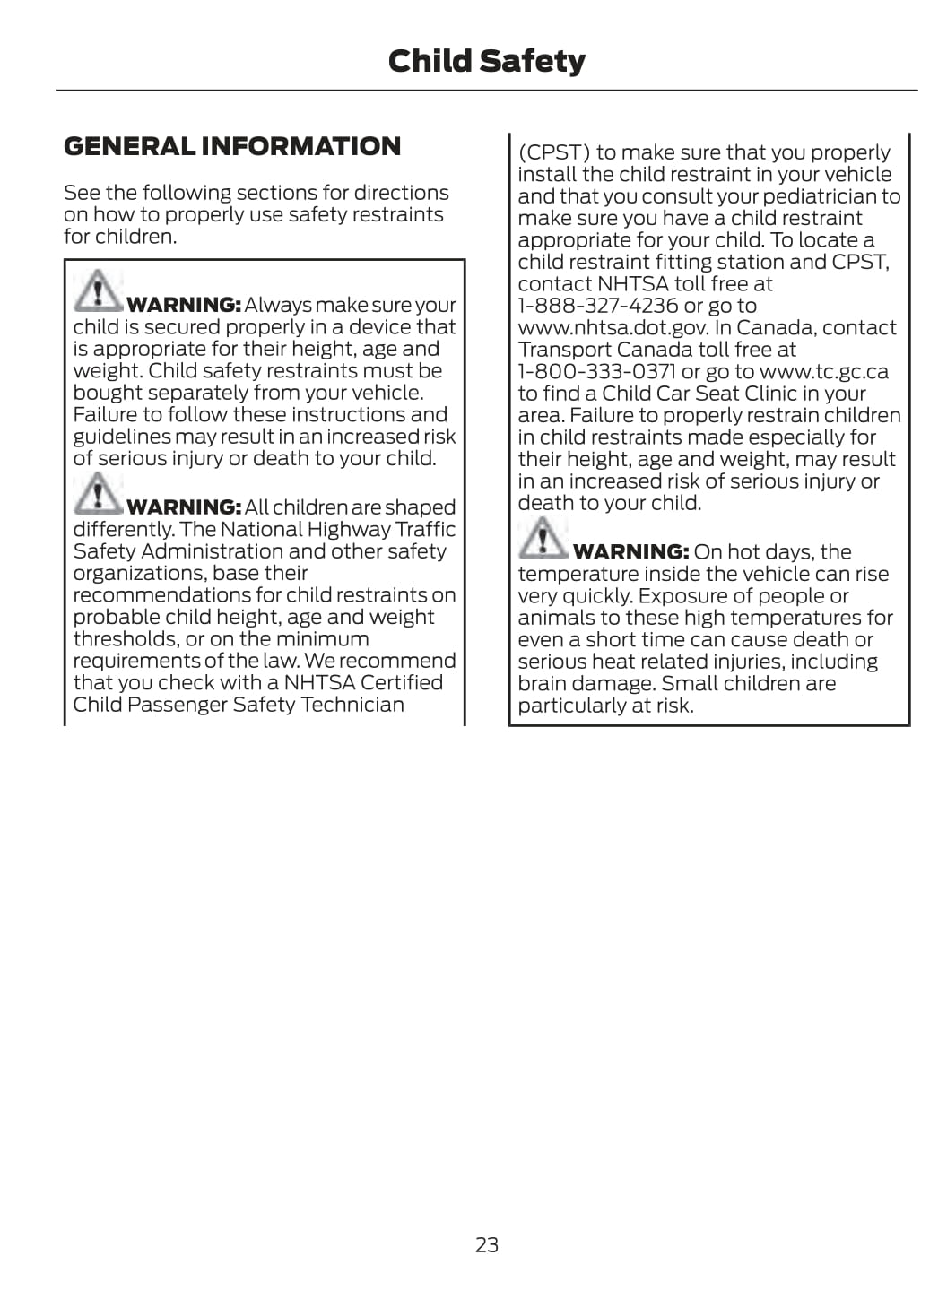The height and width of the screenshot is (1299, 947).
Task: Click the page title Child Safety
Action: [486, 61]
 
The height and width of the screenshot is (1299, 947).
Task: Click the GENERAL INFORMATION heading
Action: [232, 146]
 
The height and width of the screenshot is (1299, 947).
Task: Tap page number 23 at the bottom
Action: [486, 1244]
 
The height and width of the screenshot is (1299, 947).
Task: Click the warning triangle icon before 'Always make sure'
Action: [97, 291]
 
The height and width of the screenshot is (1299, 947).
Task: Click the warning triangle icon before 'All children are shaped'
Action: [97, 493]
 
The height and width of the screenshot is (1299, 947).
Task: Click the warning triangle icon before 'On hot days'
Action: [542, 538]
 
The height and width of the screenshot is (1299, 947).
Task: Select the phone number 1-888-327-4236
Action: [598, 306]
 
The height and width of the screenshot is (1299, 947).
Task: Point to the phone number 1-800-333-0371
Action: [596, 371]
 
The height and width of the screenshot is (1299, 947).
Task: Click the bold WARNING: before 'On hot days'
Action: [630, 552]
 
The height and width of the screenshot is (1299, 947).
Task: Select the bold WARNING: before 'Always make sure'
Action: [184, 306]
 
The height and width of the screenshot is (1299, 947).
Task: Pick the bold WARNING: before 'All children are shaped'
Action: [184, 507]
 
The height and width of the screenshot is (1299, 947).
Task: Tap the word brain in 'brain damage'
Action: [543, 683]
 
